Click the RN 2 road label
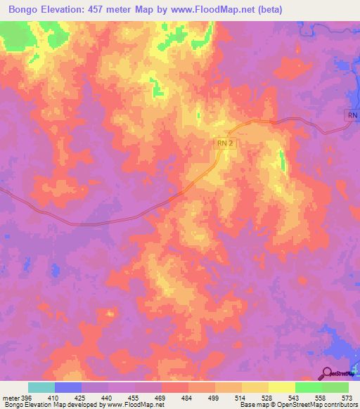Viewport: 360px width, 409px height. click(224, 143)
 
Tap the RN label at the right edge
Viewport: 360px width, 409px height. click(352, 115)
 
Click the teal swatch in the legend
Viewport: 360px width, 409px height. click(41, 387)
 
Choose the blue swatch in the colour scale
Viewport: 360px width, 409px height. click(68, 387)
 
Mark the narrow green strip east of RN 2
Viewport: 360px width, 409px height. click(283, 162)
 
